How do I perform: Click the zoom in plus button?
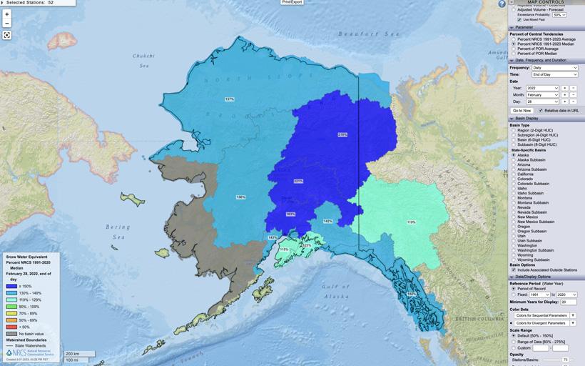(7, 14)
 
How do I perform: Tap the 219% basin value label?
(342, 134)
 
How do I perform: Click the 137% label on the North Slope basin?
(229, 99)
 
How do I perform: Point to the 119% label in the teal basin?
(411, 222)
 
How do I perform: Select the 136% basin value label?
(241, 197)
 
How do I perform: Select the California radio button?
(514, 174)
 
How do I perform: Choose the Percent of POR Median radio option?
(514, 54)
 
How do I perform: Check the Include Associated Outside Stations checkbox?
(514, 269)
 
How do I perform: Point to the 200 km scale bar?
(73, 353)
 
